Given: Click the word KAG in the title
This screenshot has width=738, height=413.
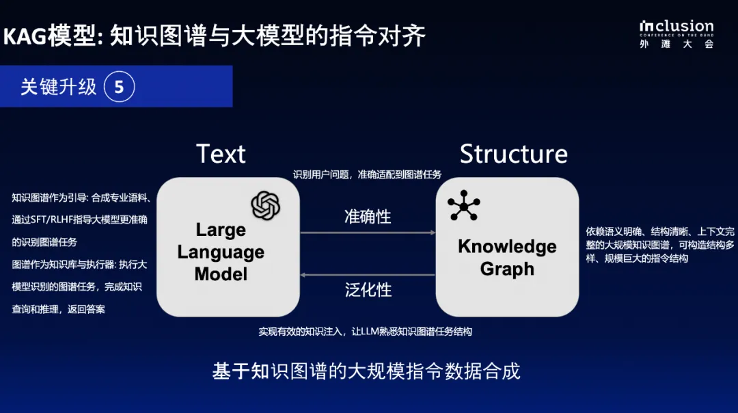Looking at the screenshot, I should (x=25, y=36).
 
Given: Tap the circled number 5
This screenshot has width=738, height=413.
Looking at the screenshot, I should (x=119, y=87).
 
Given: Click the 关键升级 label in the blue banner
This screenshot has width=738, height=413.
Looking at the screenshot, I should (x=59, y=87).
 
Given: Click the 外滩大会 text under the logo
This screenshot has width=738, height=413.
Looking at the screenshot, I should (x=676, y=44).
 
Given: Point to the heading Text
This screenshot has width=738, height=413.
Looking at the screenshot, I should (x=221, y=154).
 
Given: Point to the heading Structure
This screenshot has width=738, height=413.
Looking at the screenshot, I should (x=513, y=154).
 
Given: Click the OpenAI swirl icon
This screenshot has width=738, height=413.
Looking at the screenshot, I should (x=265, y=205).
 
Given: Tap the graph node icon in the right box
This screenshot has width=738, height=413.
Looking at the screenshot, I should (x=463, y=206).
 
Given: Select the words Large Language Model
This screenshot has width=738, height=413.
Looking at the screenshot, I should (x=220, y=252).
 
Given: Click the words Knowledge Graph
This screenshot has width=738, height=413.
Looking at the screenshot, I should (x=507, y=257).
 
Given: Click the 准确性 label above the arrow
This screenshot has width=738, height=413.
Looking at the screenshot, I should (x=368, y=217).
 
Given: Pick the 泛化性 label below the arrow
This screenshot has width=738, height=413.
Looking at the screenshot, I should (x=368, y=290).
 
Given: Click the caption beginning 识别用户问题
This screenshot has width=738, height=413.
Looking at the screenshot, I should (x=367, y=174).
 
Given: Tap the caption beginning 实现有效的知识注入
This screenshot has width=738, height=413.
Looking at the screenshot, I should (x=365, y=332).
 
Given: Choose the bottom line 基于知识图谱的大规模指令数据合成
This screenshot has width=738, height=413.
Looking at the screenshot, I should (x=366, y=371).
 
